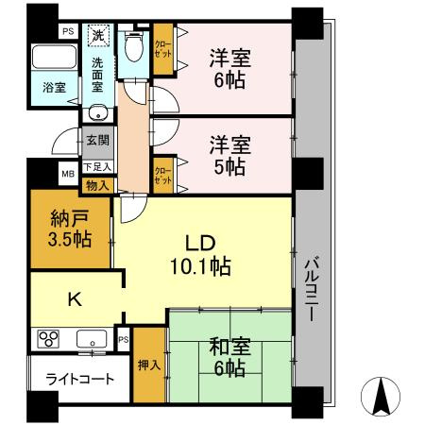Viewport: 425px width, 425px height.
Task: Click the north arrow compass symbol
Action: (381, 396)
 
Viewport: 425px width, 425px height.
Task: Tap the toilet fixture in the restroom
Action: (134, 46)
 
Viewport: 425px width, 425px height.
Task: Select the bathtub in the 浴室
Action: (55, 57)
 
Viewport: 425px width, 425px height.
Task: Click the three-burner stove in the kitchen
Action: (48, 339)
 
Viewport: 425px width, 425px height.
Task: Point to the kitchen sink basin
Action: (92, 339)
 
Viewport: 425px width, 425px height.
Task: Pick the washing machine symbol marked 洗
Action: (98, 35)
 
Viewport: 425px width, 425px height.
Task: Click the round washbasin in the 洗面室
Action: (98, 112)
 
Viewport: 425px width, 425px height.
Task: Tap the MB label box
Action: (68, 174)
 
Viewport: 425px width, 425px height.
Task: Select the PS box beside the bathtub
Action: (68, 31)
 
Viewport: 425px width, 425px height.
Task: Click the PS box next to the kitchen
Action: (124, 339)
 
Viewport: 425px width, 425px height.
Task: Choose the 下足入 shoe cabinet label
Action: (97, 167)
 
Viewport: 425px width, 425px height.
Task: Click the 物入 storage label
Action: (97, 186)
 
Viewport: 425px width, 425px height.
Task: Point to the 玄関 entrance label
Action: (97, 141)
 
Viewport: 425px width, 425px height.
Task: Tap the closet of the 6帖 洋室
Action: (163, 49)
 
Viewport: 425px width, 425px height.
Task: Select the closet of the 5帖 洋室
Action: (163, 176)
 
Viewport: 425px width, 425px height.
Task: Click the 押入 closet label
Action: (149, 365)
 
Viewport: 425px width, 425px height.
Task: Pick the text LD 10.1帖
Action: (200, 255)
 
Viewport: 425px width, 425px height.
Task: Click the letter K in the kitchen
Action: (76, 299)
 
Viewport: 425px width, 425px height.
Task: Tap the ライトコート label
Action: (79, 379)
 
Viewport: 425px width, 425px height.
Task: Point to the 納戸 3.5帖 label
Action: (70, 229)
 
